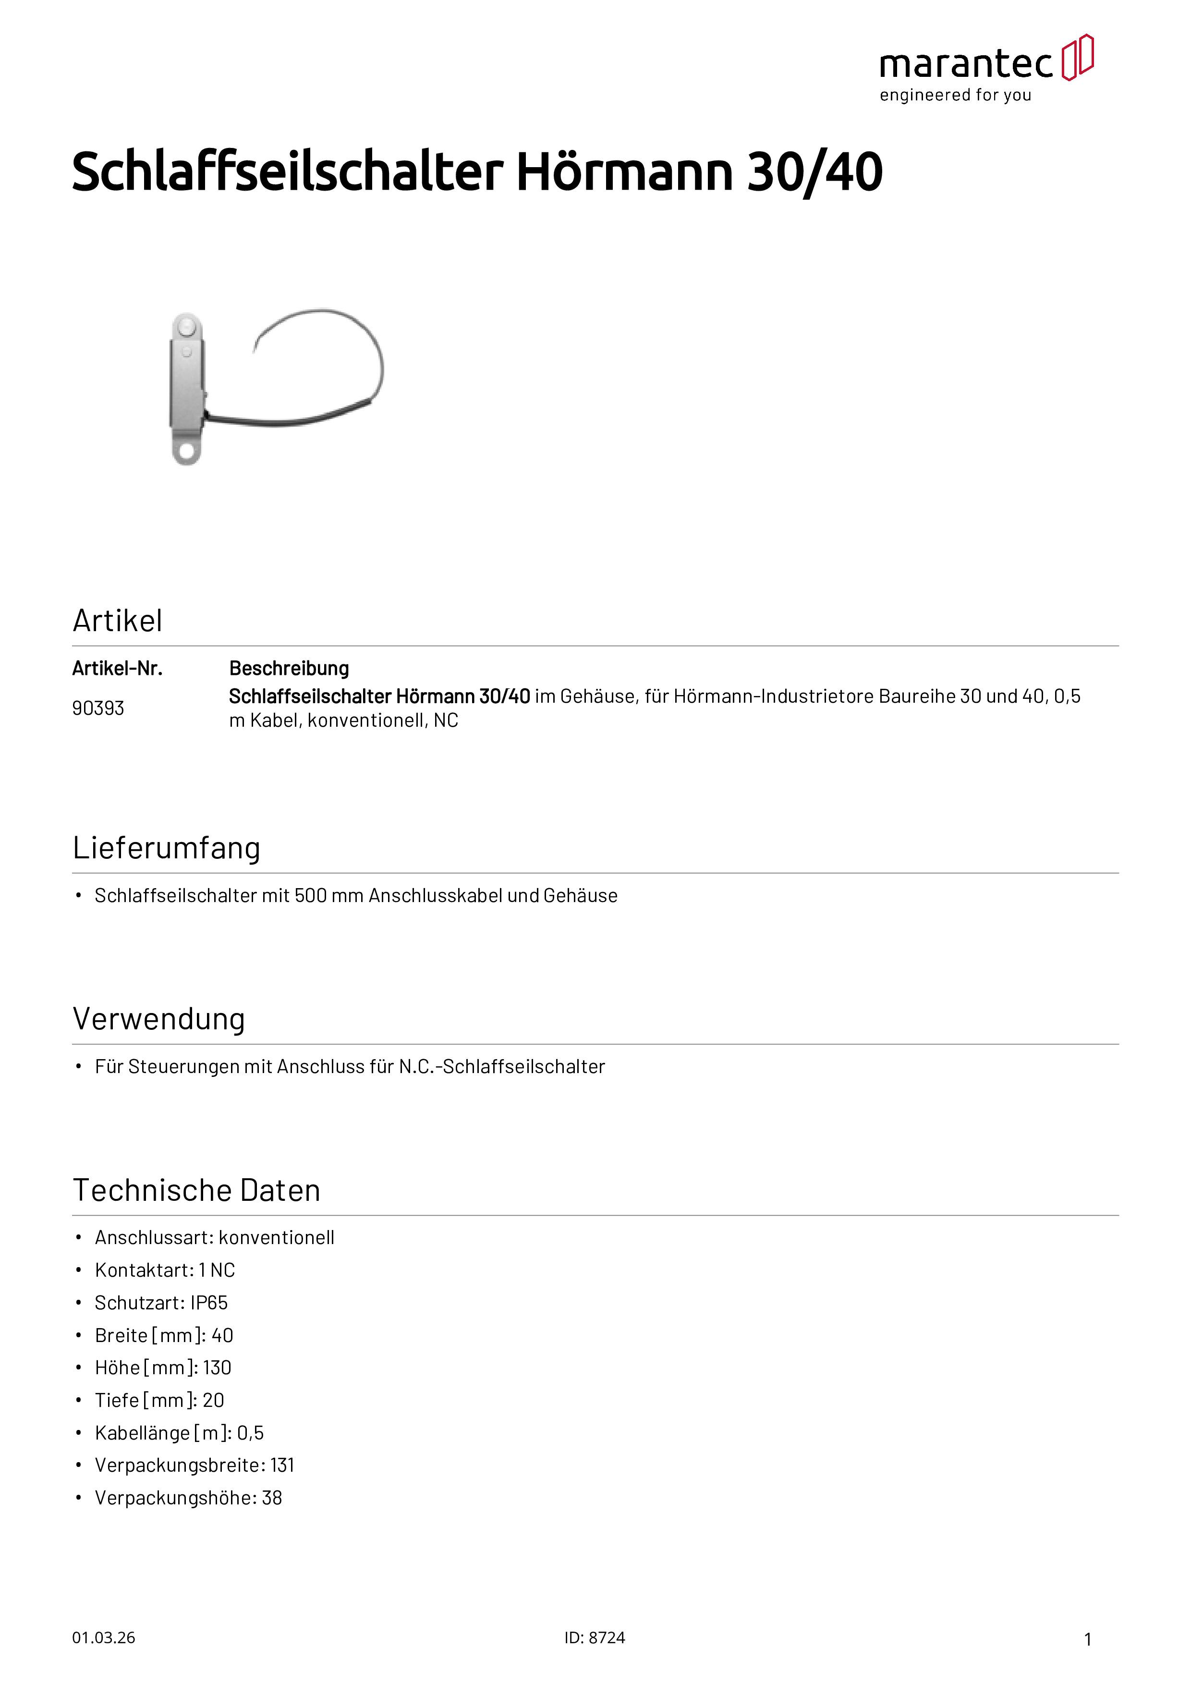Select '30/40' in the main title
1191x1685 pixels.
[x=814, y=172]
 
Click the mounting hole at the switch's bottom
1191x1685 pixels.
[x=186, y=449]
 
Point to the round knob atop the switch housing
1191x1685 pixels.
[x=186, y=324]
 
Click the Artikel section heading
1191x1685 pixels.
[x=117, y=621]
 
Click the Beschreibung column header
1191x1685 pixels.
[x=289, y=669]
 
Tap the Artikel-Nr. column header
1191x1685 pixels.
[x=117, y=669]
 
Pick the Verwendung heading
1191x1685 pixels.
[x=158, y=1019]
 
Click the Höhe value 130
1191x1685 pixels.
[x=217, y=1368]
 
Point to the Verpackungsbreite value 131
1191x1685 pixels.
[x=282, y=1465]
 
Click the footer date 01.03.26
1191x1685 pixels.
[x=103, y=1638]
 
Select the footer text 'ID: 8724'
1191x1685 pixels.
[x=595, y=1638]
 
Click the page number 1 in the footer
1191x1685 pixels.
[x=1088, y=1639]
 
